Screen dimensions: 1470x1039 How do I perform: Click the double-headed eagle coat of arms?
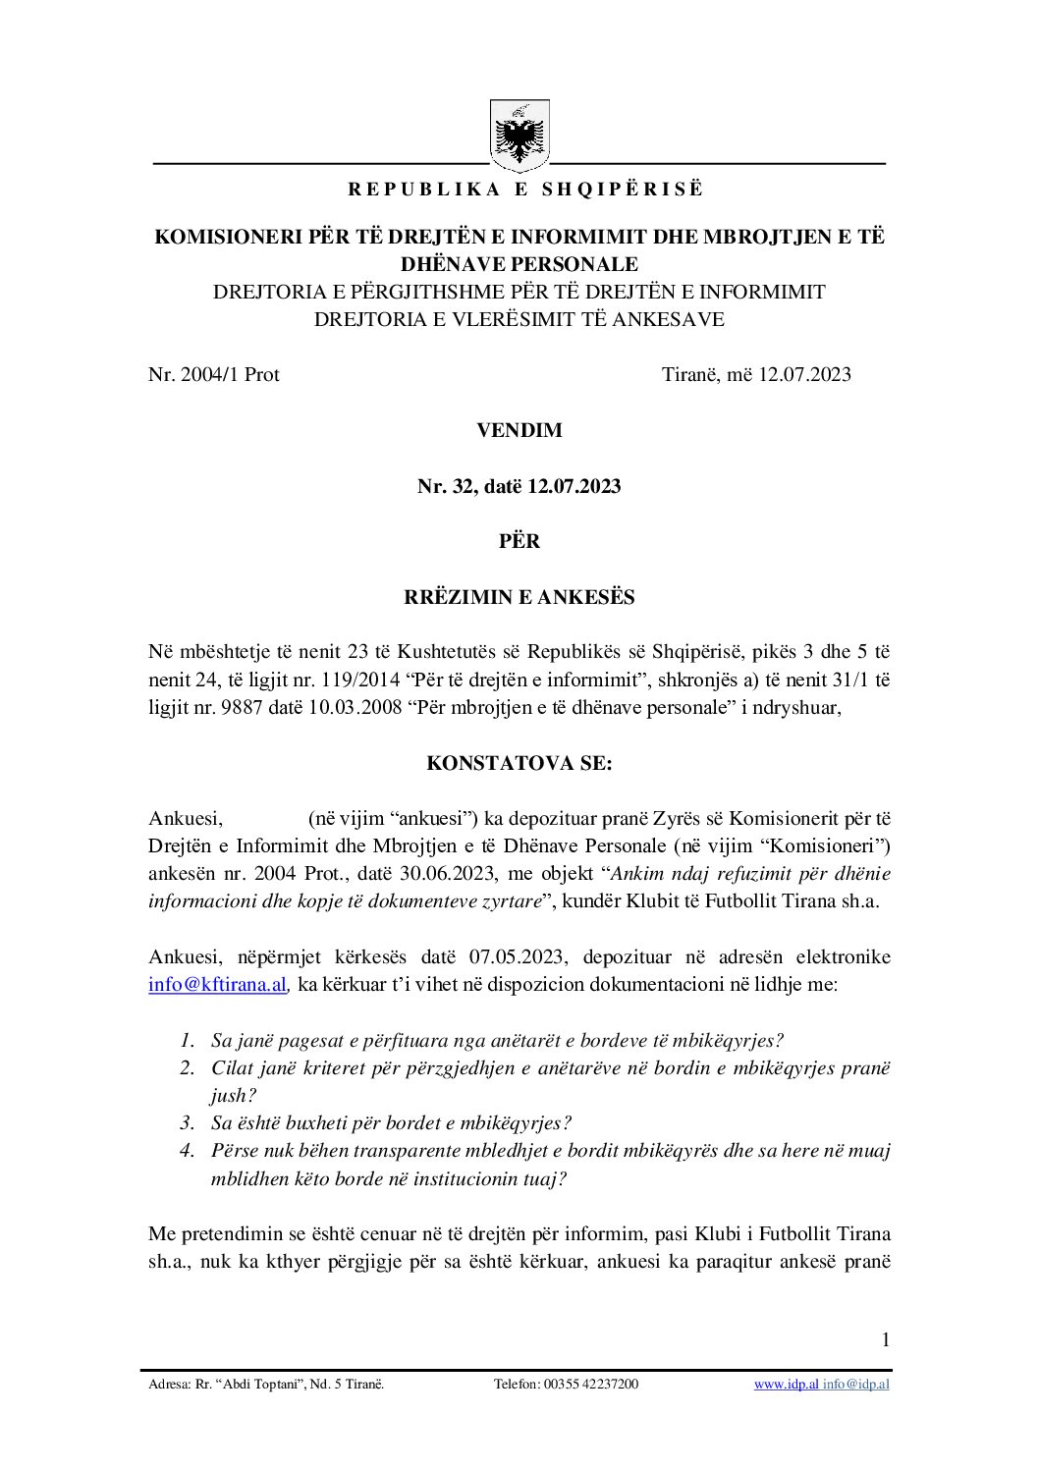pyautogui.click(x=519, y=136)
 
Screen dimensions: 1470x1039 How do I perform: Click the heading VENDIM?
pyautogui.click(x=519, y=430)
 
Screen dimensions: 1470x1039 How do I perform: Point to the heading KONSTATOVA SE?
pyautogui.click(x=519, y=763)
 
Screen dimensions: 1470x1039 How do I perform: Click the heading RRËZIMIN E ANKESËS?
pyautogui.click(x=519, y=597)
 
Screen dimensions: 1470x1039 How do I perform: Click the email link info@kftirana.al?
pyautogui.click(x=217, y=984)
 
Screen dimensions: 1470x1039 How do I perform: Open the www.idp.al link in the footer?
pyautogui.click(x=786, y=1385)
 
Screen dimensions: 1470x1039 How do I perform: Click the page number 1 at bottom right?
pyautogui.click(x=886, y=1339)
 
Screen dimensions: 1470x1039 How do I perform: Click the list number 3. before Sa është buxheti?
pyautogui.click(x=188, y=1123)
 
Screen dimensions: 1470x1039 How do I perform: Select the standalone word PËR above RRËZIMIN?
pyautogui.click(x=519, y=541)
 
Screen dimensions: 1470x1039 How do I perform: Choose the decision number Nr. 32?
pyautogui.click(x=445, y=486)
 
